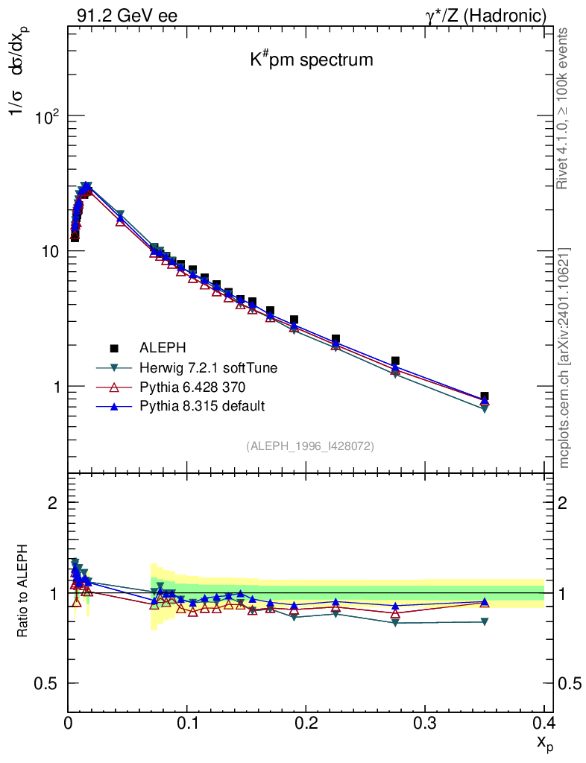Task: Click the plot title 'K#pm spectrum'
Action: pyautogui.click(x=311, y=60)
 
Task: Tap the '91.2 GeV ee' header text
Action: pyautogui.click(x=127, y=16)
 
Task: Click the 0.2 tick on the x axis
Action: pyautogui.click(x=306, y=722)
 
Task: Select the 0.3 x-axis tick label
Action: pyautogui.click(x=425, y=722)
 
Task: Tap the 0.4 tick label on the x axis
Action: pyautogui.click(x=544, y=722)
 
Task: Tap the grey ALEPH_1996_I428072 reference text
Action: pyautogui.click(x=310, y=446)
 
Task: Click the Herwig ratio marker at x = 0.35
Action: pyautogui.click(x=485, y=621)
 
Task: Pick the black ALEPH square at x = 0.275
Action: pyautogui.click(x=395, y=361)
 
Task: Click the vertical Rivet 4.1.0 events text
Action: pyautogui.click(x=564, y=108)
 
